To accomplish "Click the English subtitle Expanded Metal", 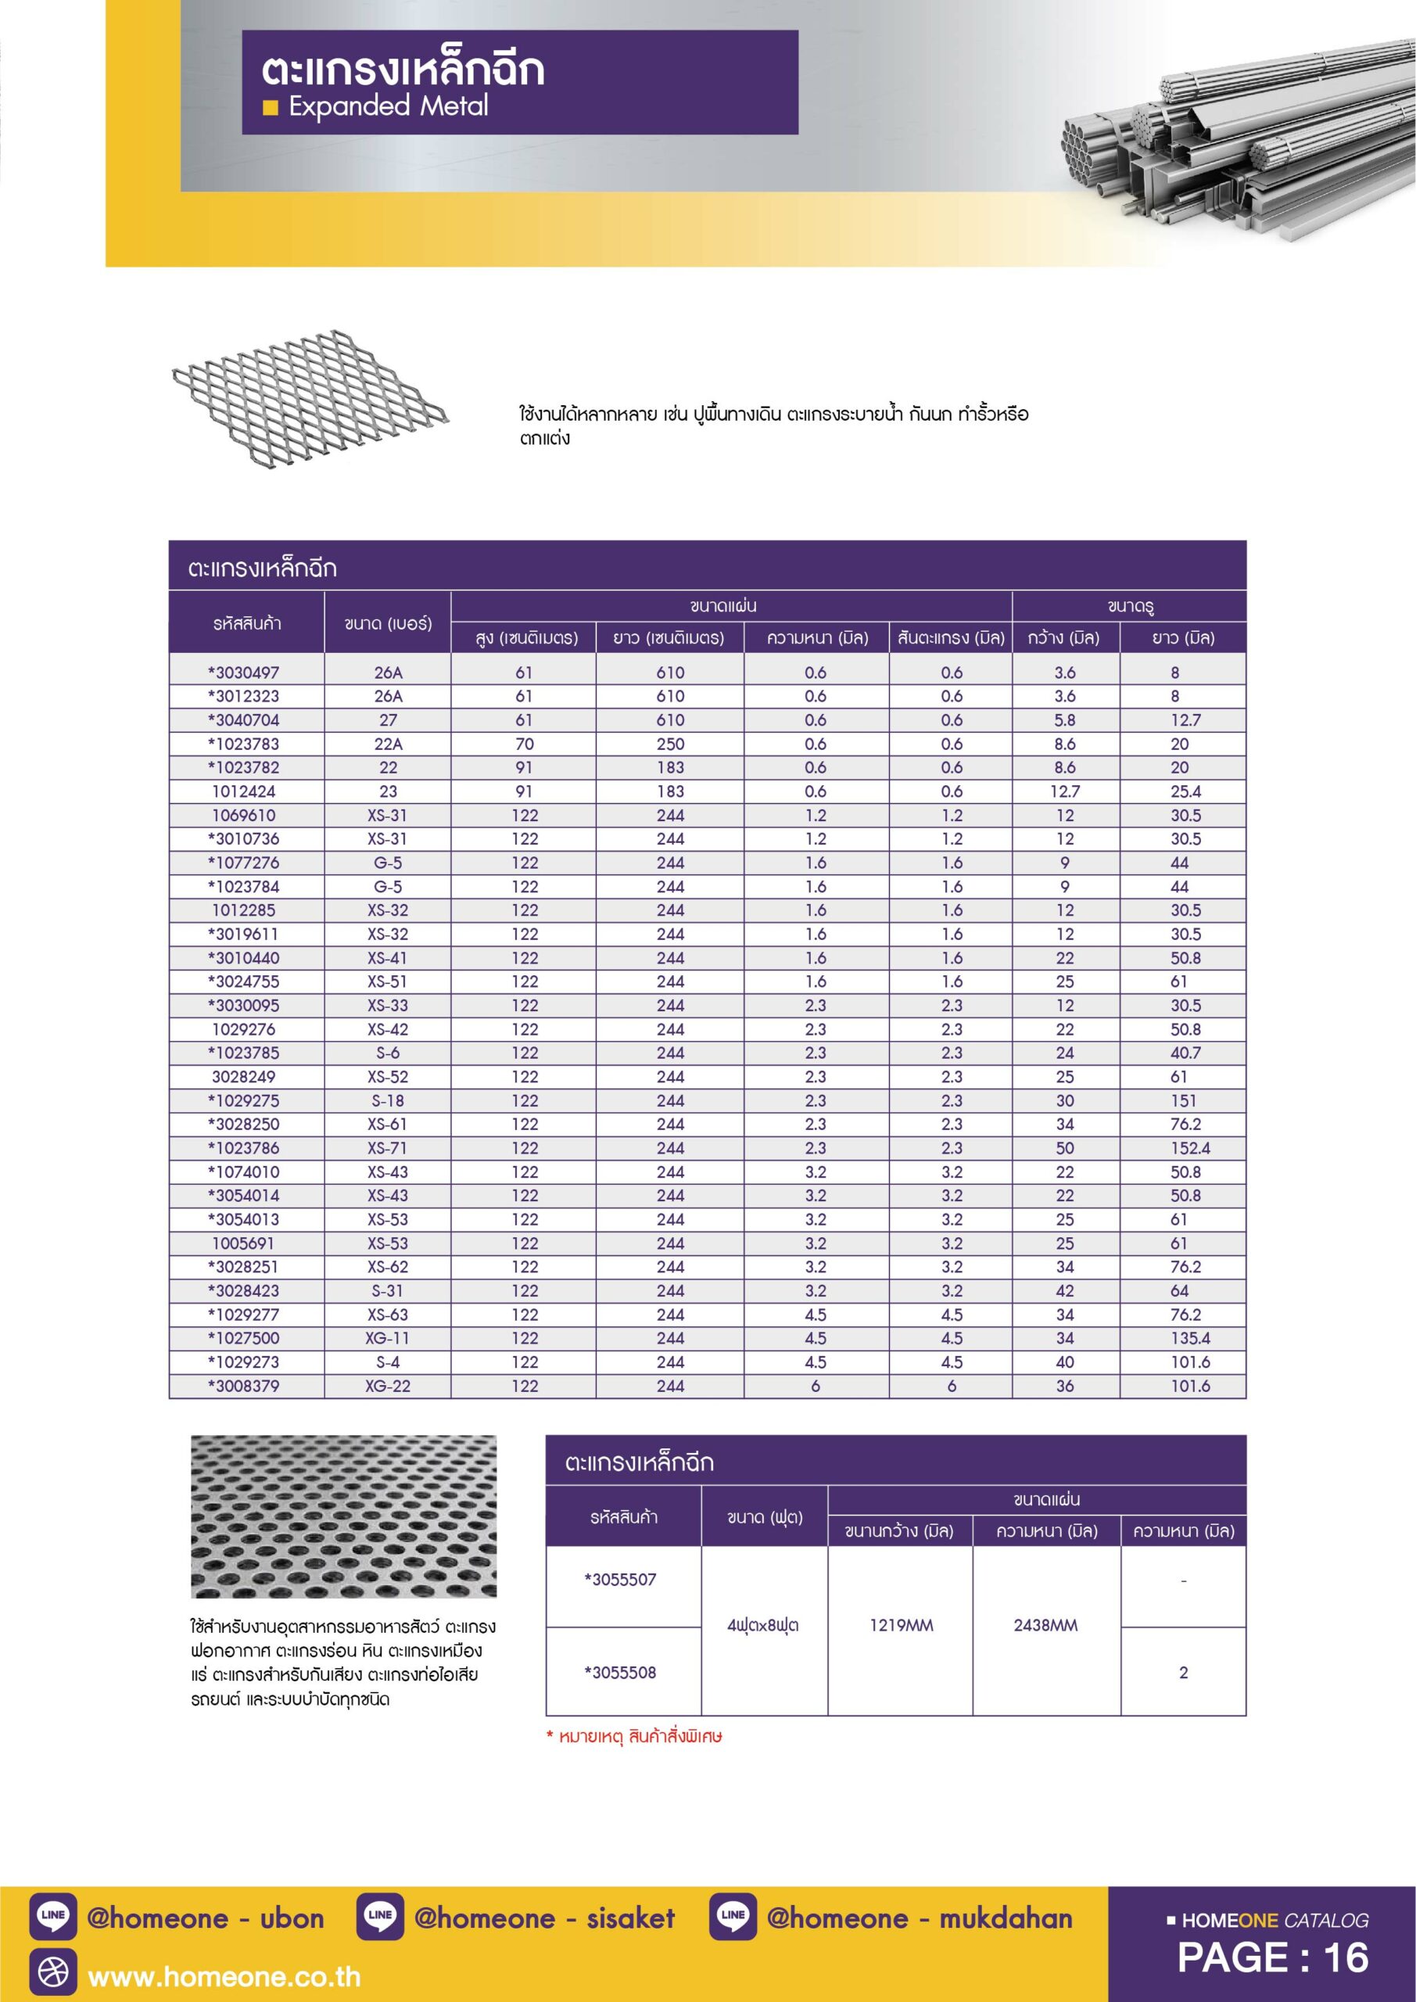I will click(x=388, y=106).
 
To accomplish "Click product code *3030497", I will click(x=244, y=673).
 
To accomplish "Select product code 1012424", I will click(x=244, y=791).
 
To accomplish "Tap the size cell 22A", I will click(x=388, y=744).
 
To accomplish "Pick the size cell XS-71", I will click(x=388, y=1148).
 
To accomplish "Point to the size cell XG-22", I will click(x=388, y=1387).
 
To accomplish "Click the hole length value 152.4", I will click(x=1190, y=1148).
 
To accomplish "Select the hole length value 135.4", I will click(x=1190, y=1338).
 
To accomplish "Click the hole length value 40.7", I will click(x=1186, y=1053).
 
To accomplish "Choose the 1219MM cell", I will click(x=901, y=1625).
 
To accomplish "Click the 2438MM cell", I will click(x=1045, y=1625).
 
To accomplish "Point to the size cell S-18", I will click(x=388, y=1100).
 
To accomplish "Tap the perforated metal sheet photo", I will click(x=343, y=1516).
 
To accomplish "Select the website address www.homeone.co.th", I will click(x=224, y=1976).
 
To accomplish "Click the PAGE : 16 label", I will click(x=1272, y=1957).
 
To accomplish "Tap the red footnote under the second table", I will click(x=634, y=1736).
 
